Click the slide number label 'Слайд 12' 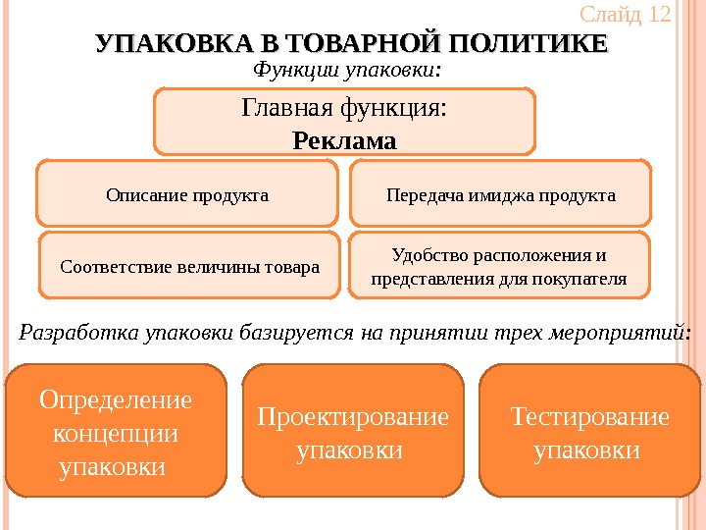pos(625,15)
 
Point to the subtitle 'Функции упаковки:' pos(348,70)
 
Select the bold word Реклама pos(345,141)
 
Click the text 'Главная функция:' pos(344,108)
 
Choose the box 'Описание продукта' pos(186,194)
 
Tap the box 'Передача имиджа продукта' pos(501,194)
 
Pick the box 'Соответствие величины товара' pos(189,265)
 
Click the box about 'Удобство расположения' pos(499,266)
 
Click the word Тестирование pos(590,417)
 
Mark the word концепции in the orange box pos(116,433)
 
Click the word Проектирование pos(352,417)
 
